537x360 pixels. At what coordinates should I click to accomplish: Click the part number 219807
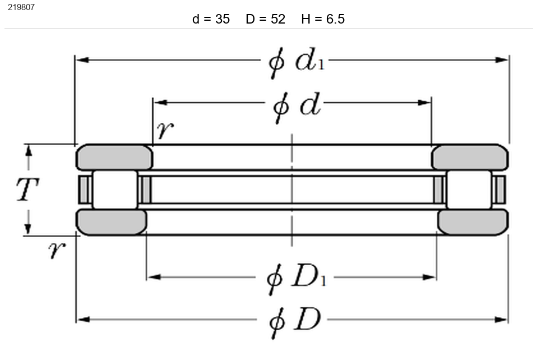coord(21,7)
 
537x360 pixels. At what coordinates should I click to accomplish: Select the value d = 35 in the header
coord(211,19)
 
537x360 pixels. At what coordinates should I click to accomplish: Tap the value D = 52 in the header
coord(266,19)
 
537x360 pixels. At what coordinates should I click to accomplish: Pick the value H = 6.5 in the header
coord(323,19)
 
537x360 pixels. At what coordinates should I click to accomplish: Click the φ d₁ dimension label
coord(296,63)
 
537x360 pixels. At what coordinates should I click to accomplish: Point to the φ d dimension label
coord(297,107)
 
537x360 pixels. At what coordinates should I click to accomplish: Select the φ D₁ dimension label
coord(296,279)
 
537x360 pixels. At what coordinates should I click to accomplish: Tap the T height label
coord(27,189)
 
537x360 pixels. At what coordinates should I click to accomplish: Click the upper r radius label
coord(165,130)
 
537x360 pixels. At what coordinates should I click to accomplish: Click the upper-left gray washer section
coord(114,157)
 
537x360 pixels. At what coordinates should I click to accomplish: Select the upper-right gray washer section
coord(470,157)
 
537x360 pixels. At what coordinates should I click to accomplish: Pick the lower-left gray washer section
coord(112,222)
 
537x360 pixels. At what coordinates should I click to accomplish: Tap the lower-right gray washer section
coord(473,222)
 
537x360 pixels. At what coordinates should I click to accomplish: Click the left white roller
coord(115,190)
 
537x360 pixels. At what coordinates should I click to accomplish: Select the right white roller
coord(469,190)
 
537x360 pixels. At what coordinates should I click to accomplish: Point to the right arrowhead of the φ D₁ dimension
coord(429,277)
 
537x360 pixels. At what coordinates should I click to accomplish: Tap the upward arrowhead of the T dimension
coord(29,151)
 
